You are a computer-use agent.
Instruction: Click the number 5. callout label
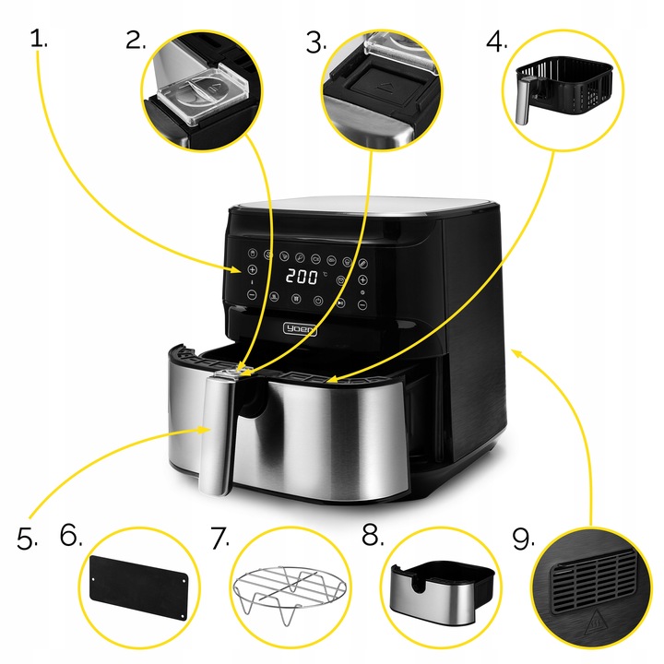(27, 539)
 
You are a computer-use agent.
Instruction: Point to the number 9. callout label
(523, 539)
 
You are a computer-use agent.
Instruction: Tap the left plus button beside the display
(251, 269)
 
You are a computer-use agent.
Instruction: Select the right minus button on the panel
(362, 303)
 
